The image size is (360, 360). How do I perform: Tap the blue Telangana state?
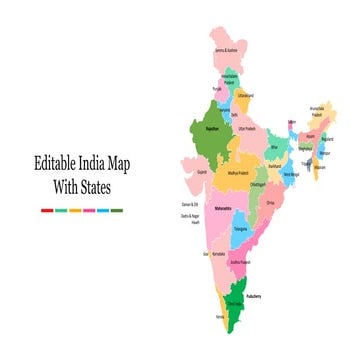241,228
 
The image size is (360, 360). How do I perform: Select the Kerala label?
218,318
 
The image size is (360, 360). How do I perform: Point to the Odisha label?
270,202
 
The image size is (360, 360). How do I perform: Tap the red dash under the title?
47,210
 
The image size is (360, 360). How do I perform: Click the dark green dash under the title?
117,210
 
